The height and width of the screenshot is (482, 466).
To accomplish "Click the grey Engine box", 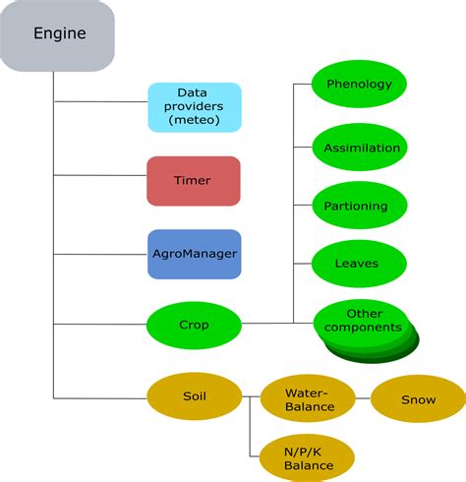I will (x=59, y=34).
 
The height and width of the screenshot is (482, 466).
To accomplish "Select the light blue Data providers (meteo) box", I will (x=194, y=107).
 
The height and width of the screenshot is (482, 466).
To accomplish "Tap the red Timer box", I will (x=194, y=181).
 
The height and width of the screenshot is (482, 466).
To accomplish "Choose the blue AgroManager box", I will (x=194, y=253).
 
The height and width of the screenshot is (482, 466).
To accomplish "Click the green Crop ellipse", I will (x=194, y=324).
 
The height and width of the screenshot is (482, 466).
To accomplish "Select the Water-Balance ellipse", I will (x=309, y=399).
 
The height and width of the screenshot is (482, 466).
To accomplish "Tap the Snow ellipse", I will (x=418, y=399).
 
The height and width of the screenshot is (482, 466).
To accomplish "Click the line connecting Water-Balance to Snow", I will (x=364, y=399).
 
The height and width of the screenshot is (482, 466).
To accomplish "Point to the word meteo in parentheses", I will (x=194, y=121).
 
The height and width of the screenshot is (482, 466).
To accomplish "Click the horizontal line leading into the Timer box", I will (x=98, y=175).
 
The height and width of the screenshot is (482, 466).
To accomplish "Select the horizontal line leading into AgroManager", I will (x=98, y=252).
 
